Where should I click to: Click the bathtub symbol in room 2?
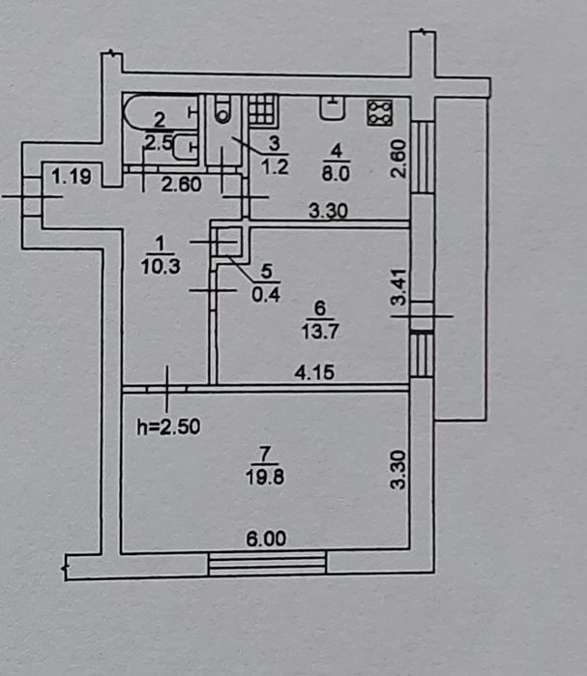coord(161,111)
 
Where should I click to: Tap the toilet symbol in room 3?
coord(222,109)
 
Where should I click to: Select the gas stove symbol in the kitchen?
coord(380,113)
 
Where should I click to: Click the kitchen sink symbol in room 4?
coord(333,107)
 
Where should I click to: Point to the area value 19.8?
coord(265,478)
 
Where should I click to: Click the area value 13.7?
coord(320,332)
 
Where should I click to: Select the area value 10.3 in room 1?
coord(161,267)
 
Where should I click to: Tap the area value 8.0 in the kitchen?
coord(336,174)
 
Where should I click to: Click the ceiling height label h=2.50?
coord(168,426)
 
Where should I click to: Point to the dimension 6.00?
coord(266,539)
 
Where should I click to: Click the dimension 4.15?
coord(314,372)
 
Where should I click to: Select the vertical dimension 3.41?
coord(399,286)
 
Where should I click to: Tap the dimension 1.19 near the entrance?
coord(72,176)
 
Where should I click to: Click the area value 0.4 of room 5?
coord(266,295)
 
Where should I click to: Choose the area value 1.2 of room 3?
coord(275,166)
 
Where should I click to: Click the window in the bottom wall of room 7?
coord(267,563)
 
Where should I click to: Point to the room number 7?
coord(265,454)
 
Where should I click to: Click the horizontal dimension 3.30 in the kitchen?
coord(328,211)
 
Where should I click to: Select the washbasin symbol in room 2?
coord(185,147)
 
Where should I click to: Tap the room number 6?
coord(320,308)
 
